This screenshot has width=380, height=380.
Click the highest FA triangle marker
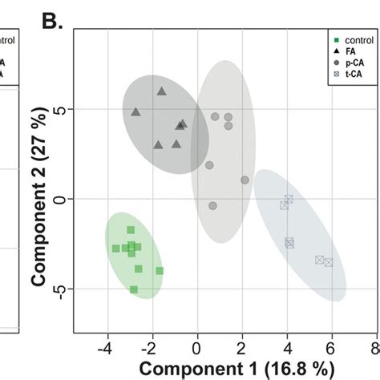point(161,91)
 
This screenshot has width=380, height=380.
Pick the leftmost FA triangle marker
point(135,111)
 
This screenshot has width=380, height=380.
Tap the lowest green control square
point(134,289)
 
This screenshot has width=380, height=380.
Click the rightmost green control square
point(160,271)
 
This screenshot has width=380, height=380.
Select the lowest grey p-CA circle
point(212,206)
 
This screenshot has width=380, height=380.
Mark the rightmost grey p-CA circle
point(245,180)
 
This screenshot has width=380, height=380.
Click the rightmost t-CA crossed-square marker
point(328,262)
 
